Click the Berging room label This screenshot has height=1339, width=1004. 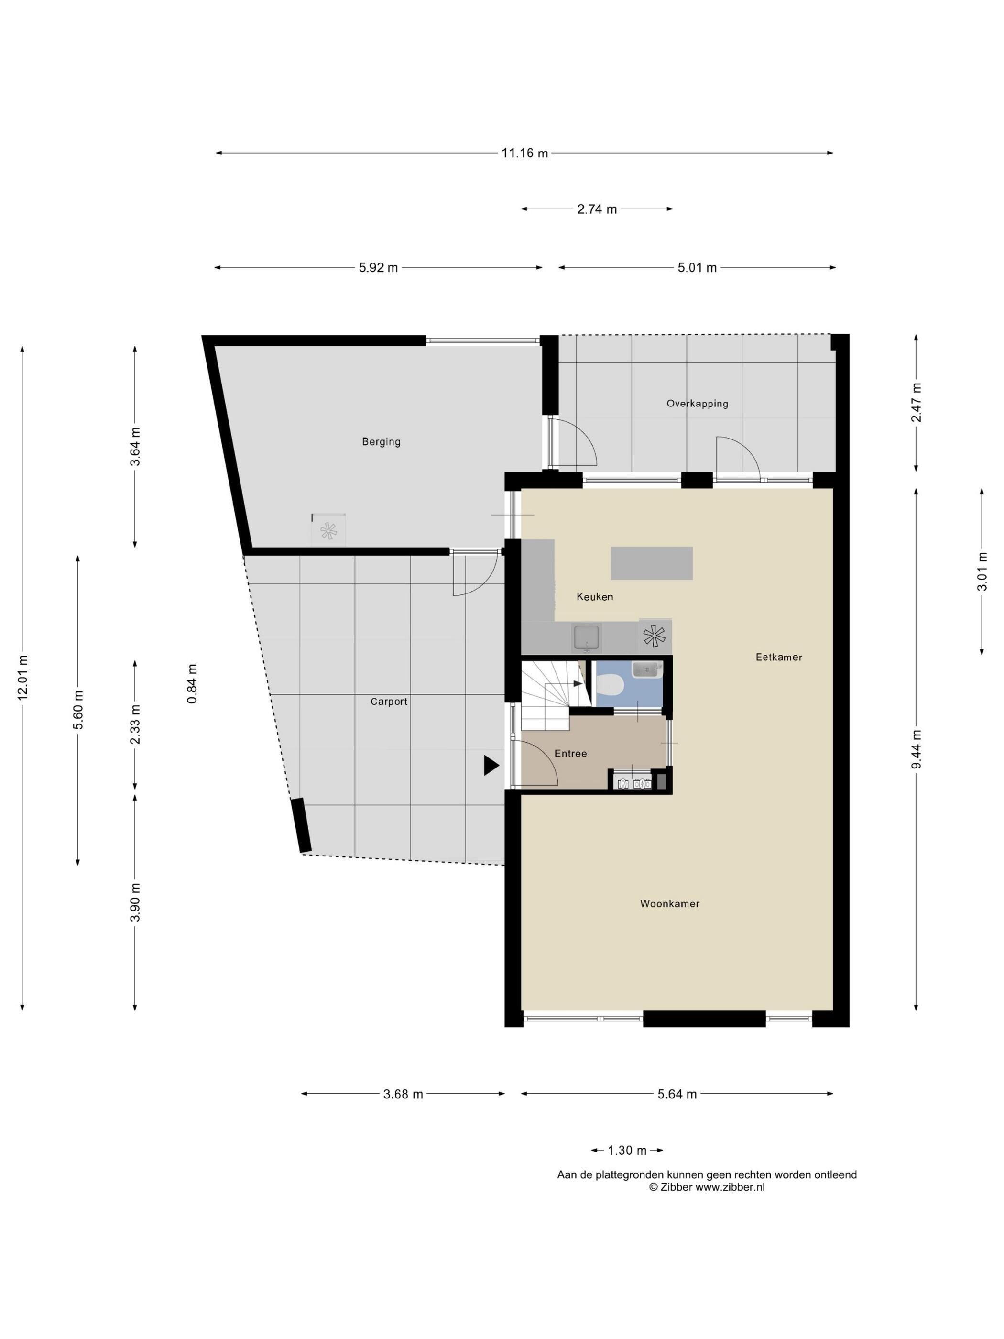click(381, 442)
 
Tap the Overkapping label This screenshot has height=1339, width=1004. click(697, 404)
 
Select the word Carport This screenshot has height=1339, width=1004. click(389, 702)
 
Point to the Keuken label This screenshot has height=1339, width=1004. click(595, 597)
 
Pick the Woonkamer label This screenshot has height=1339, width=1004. click(670, 904)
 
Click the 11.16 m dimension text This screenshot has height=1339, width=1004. click(524, 153)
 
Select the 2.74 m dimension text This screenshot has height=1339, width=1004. click(597, 209)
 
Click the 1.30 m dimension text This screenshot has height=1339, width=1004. click(627, 1151)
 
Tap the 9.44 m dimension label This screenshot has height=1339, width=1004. click(916, 749)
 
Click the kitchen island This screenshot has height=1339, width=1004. click(651, 563)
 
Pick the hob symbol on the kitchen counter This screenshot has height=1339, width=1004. click(655, 636)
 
